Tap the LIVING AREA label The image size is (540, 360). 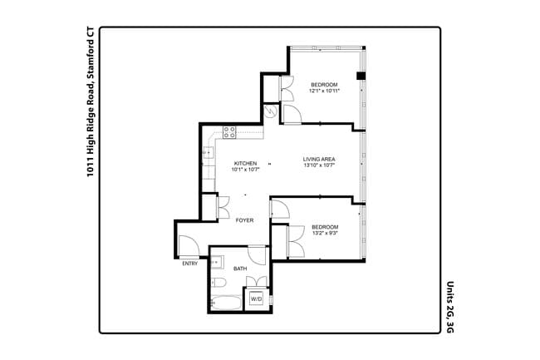point(318,158)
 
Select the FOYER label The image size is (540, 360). point(244,220)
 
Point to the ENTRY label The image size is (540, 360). point(190,264)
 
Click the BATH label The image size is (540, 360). point(240,269)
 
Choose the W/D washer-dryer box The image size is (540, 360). point(256,298)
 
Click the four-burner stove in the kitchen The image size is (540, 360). point(229,131)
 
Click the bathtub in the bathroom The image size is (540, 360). point(226,303)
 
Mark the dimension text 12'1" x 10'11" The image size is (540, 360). point(324,91)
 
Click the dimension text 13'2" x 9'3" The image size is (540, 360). point(324,234)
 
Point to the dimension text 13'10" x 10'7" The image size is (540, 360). point(318,165)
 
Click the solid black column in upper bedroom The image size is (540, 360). point(360,76)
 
